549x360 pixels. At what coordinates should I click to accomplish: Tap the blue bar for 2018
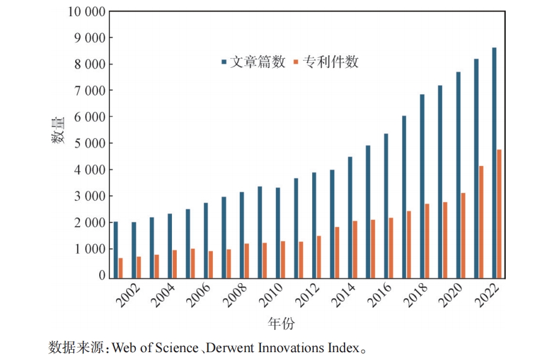point(422,186)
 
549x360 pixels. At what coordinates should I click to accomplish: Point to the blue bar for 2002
point(133,250)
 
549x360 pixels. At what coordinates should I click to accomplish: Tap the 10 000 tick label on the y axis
point(85,11)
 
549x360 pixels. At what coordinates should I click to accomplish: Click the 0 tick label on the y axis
point(102,275)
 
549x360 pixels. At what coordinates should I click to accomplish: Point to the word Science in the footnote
point(177,347)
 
